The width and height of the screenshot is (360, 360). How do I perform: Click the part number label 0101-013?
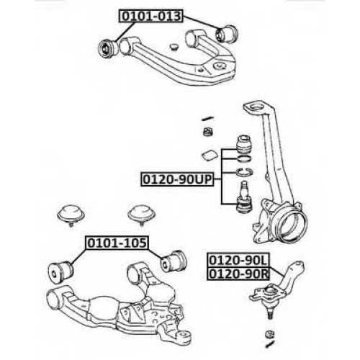150,17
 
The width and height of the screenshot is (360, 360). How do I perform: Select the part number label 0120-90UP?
177,179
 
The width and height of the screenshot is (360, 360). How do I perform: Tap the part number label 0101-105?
117,243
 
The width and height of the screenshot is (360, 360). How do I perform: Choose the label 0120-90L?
238,260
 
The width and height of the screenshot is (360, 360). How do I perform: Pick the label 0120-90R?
238,274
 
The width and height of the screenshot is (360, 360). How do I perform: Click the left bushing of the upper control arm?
108,48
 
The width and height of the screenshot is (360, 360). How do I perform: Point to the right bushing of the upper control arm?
227,35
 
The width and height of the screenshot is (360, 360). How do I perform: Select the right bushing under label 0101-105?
174,261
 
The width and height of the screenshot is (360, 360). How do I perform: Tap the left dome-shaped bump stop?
71,212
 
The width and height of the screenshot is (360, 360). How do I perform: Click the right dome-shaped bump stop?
141,212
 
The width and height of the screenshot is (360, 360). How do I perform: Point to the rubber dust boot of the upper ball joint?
243,145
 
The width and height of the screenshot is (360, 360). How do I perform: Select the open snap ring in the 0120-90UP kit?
244,172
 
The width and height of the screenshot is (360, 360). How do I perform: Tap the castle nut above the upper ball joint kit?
208,132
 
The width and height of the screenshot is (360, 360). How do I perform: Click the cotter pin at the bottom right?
270,344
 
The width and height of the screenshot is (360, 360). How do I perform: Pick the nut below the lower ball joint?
270,334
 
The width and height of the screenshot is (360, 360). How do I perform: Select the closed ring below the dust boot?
244,158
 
